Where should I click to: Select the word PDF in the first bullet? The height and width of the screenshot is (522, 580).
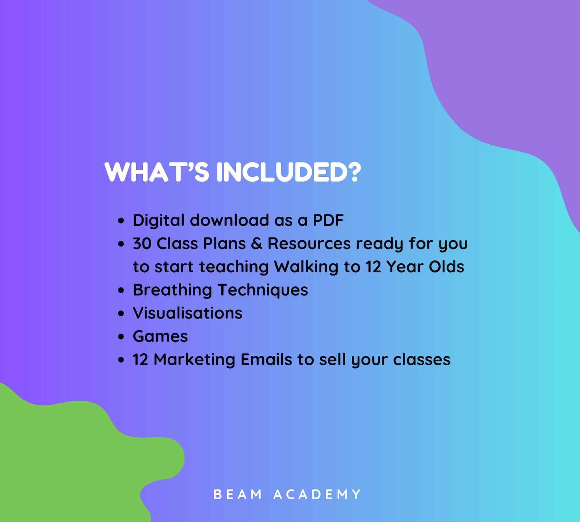(x=328, y=220)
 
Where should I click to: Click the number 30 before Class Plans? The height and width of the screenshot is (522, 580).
(x=142, y=244)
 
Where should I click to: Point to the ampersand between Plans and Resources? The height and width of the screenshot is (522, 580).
(x=257, y=244)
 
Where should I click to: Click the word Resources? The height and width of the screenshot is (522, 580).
(x=309, y=244)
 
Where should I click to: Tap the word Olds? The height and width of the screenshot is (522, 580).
(x=446, y=267)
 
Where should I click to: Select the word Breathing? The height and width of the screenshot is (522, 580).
(x=172, y=290)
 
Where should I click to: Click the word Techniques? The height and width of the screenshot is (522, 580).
(x=263, y=290)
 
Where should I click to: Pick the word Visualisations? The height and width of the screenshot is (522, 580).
(x=187, y=313)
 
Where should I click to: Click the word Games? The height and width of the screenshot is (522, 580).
(x=160, y=336)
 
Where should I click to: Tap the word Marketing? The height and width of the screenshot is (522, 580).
(x=194, y=360)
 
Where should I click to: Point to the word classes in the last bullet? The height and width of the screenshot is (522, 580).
(x=421, y=360)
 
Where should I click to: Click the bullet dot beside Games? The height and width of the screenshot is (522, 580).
(x=121, y=337)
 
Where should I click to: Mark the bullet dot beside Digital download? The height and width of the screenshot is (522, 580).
(x=121, y=221)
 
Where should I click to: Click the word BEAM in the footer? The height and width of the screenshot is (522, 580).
(x=238, y=494)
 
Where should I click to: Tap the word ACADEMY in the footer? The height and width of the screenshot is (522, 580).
(x=317, y=494)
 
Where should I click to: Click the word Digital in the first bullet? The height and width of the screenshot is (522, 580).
(x=159, y=220)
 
